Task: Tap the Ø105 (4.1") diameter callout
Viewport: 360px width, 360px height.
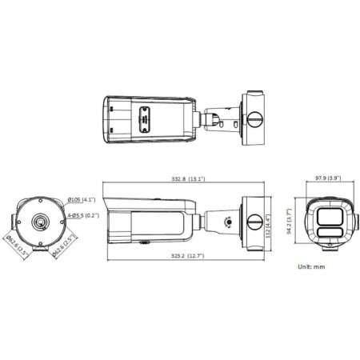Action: point(82,199)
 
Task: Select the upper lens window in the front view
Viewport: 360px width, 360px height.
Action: point(329,216)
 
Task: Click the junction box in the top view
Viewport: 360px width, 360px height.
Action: point(253,119)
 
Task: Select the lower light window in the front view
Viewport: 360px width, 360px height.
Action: point(329,232)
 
